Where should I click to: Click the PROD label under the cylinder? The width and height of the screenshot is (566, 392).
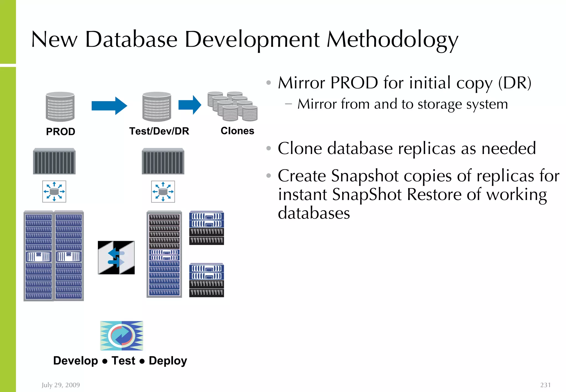coord(61,132)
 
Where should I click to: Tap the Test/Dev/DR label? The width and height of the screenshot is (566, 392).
coord(159,131)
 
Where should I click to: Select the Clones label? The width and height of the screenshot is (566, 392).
coord(237,131)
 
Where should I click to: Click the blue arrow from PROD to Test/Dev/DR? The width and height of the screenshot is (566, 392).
coord(109,106)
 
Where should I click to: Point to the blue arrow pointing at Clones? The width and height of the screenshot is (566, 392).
coord(190,105)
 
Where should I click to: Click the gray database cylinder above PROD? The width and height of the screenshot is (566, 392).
coord(60,107)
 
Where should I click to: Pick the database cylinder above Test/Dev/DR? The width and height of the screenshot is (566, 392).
coord(157,107)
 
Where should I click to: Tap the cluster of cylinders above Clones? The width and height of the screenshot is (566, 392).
coord(233,106)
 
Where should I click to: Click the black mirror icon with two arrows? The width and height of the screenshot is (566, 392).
coord(116,258)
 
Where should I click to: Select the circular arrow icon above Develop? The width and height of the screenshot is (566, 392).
coord(122,336)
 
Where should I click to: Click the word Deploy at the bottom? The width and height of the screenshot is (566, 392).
coord(168,361)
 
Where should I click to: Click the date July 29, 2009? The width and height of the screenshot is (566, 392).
coord(61,385)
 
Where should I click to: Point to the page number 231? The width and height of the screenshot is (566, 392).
coord(545,385)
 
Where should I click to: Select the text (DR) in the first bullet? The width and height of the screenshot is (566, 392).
coord(515,83)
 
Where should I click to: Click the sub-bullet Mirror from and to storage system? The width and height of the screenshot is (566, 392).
coord(402,104)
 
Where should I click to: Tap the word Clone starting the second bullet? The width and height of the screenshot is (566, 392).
coord(300,148)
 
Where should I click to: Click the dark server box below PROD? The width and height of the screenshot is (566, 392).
coord(54,161)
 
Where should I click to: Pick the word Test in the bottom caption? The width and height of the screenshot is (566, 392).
coord(123,361)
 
